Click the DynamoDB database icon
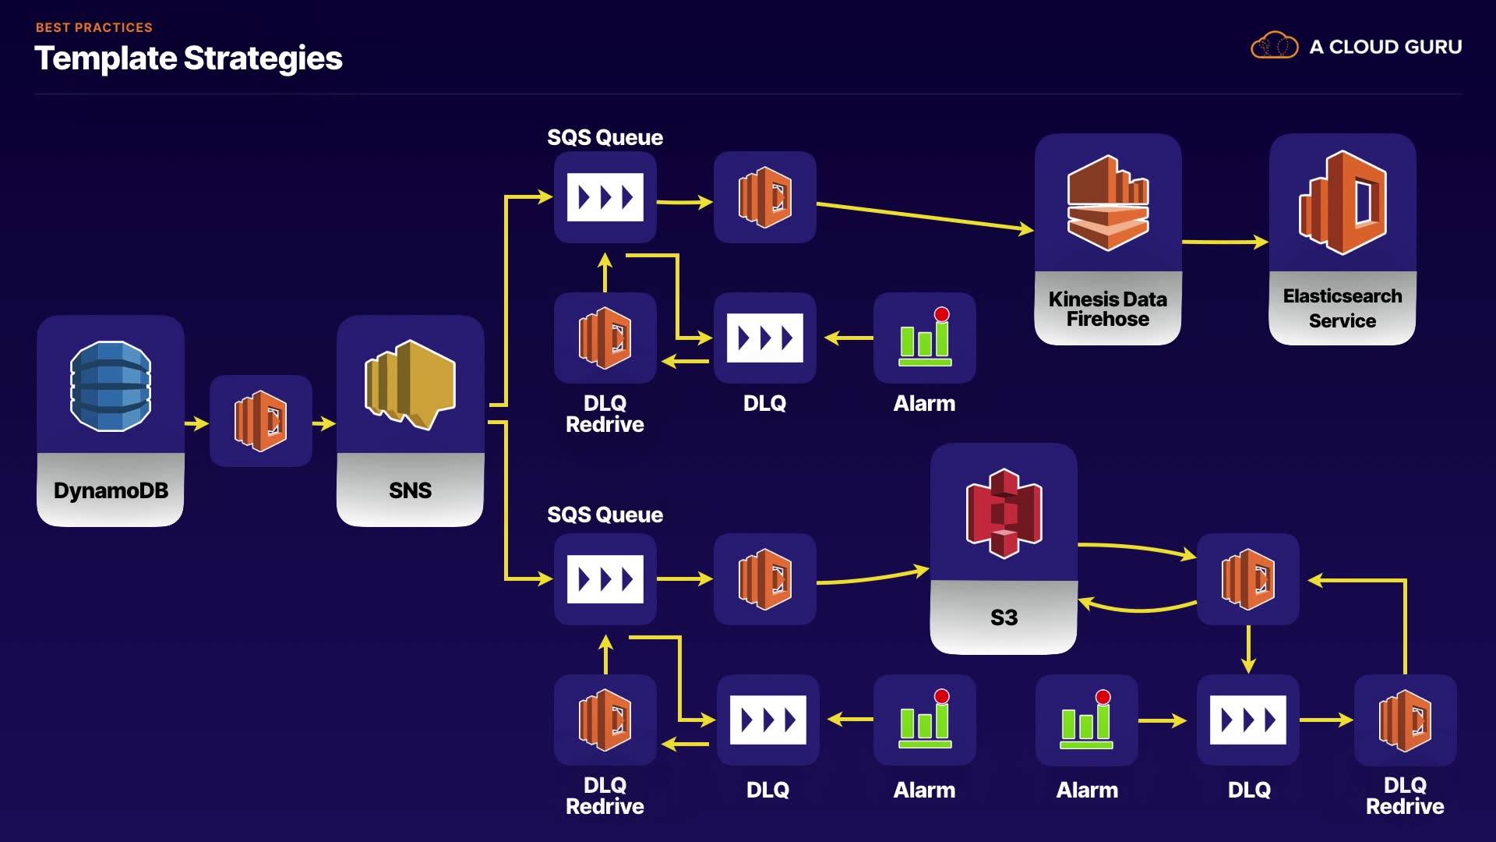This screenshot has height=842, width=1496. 111,386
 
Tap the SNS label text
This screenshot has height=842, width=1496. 410,490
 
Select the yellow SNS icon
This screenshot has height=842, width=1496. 410,384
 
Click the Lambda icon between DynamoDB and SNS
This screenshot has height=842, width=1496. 261,421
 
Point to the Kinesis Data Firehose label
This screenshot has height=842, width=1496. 1107,309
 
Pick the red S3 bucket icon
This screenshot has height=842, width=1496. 1004,513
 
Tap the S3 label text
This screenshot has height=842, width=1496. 1004,617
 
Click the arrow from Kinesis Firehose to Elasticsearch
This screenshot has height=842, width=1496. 1225,242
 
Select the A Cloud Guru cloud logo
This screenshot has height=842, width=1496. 1275,46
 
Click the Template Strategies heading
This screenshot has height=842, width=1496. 189,58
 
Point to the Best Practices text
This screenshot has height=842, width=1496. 94,27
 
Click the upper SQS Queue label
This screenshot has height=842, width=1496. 605,138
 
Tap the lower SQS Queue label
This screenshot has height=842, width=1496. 605,515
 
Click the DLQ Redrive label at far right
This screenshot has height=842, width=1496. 1405,795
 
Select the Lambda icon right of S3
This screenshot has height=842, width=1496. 1248,579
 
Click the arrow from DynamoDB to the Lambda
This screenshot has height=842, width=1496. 196,423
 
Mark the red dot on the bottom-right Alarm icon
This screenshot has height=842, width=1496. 1103,697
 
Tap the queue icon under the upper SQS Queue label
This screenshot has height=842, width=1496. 605,197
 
